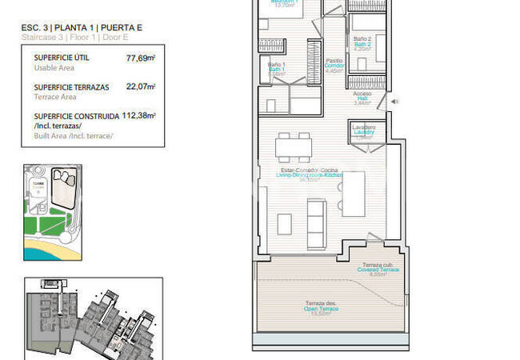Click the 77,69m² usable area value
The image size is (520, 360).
click(x=141, y=58)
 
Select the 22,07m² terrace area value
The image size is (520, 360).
click(x=141, y=86)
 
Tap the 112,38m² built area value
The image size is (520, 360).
click(x=138, y=114)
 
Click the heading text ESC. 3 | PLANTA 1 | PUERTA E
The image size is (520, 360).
click(x=82, y=29)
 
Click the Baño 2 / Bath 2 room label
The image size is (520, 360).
click(x=362, y=42)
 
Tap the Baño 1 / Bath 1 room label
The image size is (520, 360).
click(x=276, y=69)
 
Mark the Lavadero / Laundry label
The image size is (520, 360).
click(x=363, y=130)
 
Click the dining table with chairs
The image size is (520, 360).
click(x=292, y=146)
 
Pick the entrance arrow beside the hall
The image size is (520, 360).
click(x=392, y=102)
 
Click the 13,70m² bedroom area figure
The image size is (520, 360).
click(x=284, y=5)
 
